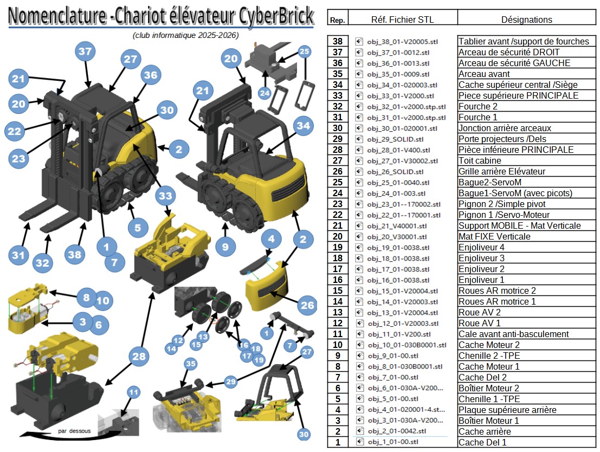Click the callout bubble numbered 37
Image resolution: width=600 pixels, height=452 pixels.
86,52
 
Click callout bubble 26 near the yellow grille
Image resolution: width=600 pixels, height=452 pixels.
307,306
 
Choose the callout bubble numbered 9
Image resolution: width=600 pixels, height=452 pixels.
225,247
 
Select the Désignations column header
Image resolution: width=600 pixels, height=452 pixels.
526,20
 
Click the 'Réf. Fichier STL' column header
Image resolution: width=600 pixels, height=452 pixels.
402,20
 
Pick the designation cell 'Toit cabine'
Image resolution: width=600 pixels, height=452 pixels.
480,160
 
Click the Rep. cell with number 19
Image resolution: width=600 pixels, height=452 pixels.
338,247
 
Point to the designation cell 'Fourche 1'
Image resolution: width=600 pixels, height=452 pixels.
478,117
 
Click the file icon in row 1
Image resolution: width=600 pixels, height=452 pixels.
359,442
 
